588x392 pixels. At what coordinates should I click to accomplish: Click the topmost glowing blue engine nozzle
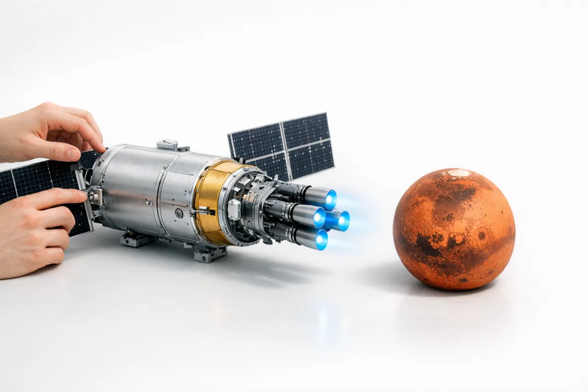(x=330, y=199)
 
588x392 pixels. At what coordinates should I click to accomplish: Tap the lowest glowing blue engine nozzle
(x=321, y=240)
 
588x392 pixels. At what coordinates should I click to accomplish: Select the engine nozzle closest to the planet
(x=343, y=220)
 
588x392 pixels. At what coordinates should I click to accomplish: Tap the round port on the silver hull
(x=179, y=213)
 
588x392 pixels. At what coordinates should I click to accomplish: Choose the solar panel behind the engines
(x=281, y=145)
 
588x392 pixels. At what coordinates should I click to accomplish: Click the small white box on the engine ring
(x=234, y=210)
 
